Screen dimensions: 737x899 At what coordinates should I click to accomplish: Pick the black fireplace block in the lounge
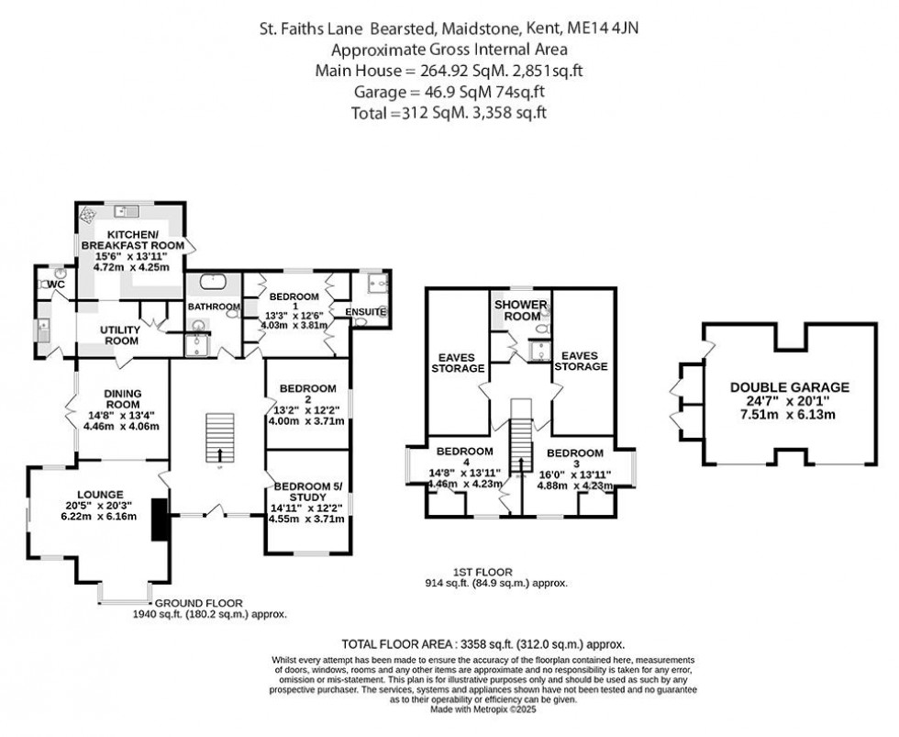(x=160, y=519)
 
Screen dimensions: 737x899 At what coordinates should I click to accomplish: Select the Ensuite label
(x=366, y=312)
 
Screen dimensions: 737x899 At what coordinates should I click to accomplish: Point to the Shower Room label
(x=520, y=311)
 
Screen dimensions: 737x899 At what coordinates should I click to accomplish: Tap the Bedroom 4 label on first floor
(x=464, y=452)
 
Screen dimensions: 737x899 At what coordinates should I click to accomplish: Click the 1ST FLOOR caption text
(x=489, y=571)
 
